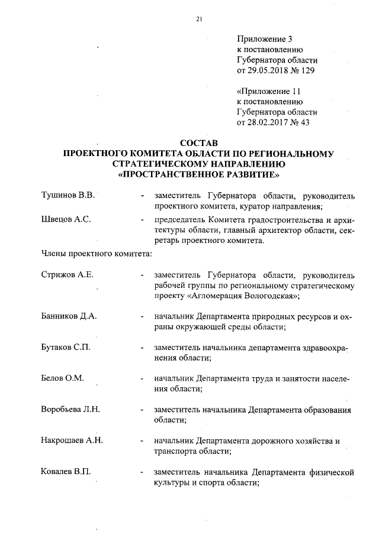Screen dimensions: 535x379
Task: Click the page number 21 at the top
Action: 199,19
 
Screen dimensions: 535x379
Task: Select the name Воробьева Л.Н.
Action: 70,409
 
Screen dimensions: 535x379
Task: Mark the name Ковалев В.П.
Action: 66,471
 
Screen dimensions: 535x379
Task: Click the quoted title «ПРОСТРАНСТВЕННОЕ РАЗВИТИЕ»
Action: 198,176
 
